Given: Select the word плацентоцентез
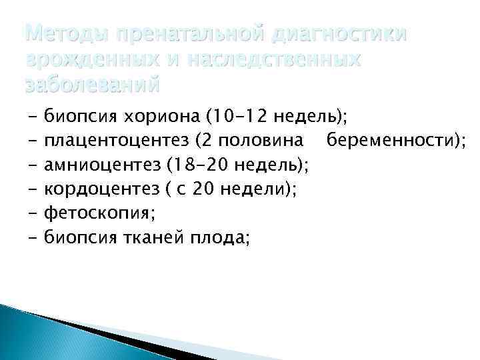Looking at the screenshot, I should (111, 141).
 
